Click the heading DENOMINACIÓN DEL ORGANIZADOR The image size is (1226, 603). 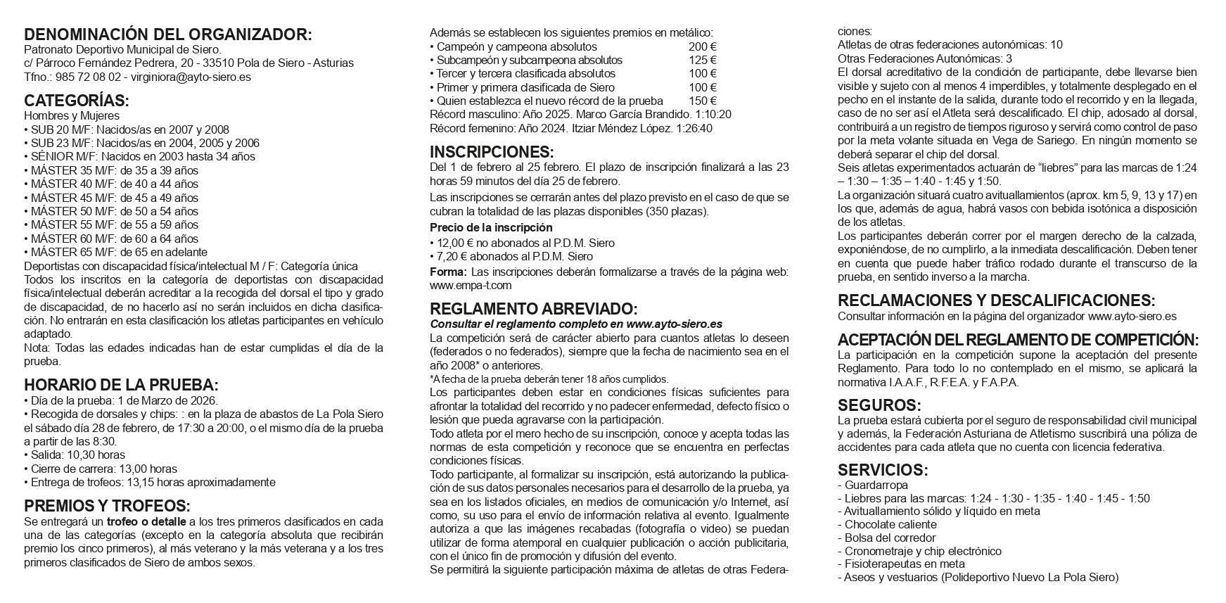(x=167, y=35)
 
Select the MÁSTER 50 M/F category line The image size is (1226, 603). (x=111, y=211)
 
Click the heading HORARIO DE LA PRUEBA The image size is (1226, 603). (x=121, y=386)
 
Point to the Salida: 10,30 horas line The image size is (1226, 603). (x=75, y=455)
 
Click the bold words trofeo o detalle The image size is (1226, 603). (x=146, y=522)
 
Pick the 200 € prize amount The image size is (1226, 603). (x=703, y=46)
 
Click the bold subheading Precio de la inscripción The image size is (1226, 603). (x=491, y=228)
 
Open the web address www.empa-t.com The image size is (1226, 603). (x=471, y=286)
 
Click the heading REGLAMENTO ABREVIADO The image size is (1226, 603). (x=534, y=309)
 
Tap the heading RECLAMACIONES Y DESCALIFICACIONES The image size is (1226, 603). (x=996, y=300)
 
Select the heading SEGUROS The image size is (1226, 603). (x=879, y=405)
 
